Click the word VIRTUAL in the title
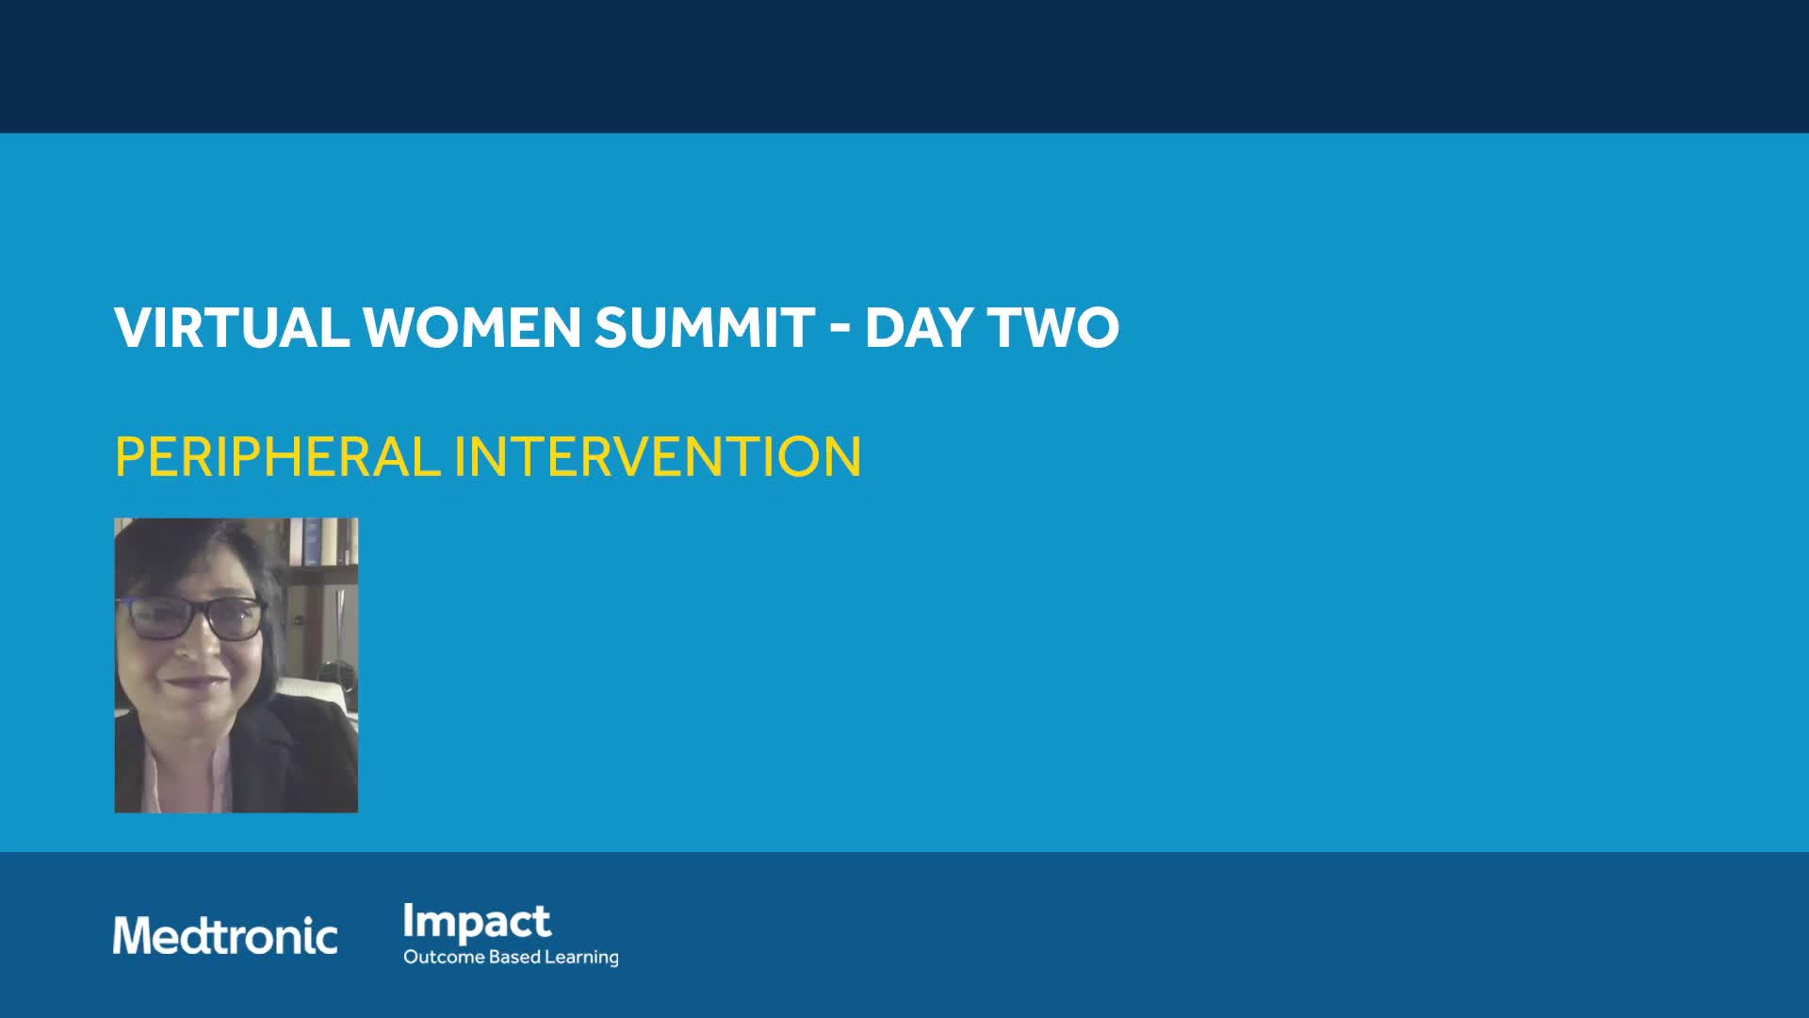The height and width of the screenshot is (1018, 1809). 232,327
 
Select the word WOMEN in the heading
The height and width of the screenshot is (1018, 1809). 472,327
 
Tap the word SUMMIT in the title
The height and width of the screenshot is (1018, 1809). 705,327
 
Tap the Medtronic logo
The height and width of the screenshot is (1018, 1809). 225,935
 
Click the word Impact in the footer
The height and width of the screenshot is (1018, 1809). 477,923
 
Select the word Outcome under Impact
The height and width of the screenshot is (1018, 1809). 444,957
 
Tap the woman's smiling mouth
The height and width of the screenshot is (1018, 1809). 191,681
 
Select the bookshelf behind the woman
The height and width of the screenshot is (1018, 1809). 320,566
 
